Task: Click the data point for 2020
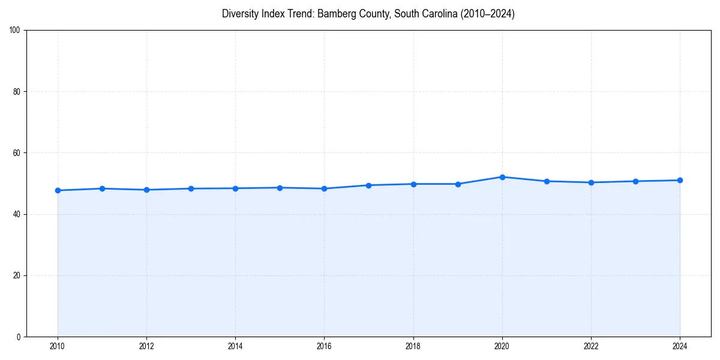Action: (x=502, y=177)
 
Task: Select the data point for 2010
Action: (x=58, y=190)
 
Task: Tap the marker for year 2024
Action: (x=680, y=180)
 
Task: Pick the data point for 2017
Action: (x=368, y=185)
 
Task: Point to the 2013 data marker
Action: (x=191, y=188)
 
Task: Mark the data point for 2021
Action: (x=547, y=181)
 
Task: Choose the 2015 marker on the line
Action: (x=280, y=188)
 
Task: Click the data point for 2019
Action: (x=458, y=184)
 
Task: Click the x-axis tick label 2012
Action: (x=146, y=346)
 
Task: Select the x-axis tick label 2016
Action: (x=324, y=346)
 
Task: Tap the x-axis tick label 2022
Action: (x=591, y=346)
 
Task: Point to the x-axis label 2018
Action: (x=413, y=346)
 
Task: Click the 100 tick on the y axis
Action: (x=16, y=31)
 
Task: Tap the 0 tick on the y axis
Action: (x=19, y=337)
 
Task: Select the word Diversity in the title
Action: (x=240, y=14)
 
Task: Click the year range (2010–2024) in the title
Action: (x=488, y=14)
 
